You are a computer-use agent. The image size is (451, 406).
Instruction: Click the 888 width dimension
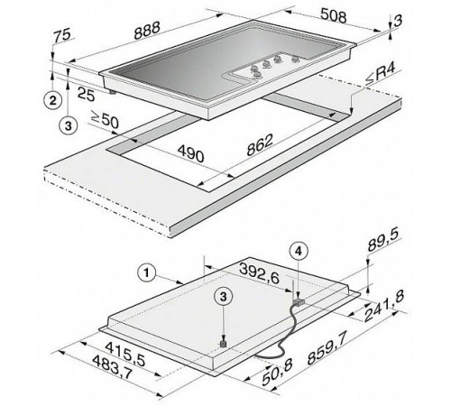(147, 31)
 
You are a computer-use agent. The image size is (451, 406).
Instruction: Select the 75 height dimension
(63, 34)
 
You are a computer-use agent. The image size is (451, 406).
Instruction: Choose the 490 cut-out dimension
(190, 153)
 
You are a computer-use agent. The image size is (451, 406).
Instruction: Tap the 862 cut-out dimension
(260, 144)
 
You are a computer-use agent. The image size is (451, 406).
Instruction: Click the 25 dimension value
(87, 94)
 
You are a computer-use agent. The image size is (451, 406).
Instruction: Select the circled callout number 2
(53, 100)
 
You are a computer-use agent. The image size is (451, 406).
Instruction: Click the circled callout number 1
(146, 273)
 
